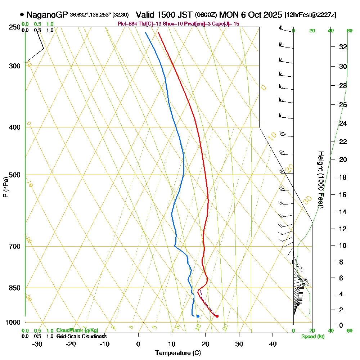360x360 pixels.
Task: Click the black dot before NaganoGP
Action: [x=22, y=15]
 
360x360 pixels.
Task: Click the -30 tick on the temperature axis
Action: [x=37, y=344]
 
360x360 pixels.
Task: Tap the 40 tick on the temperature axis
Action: [x=273, y=344]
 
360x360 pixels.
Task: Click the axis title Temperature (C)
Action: [x=178, y=353]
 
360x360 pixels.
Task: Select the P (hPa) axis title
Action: [x=5, y=187]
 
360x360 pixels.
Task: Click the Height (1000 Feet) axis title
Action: [x=320, y=180]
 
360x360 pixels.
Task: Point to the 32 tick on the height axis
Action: [x=343, y=47]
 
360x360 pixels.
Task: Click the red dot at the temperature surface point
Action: [x=217, y=316]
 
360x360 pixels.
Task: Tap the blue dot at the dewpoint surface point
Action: [x=198, y=316]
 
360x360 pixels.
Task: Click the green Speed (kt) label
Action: [x=312, y=336]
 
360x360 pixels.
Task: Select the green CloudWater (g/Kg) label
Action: [x=77, y=330]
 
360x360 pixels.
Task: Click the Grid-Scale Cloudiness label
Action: [x=81, y=336]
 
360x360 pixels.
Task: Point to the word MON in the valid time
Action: [x=228, y=15]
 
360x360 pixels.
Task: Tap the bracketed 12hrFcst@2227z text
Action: [x=310, y=15]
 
